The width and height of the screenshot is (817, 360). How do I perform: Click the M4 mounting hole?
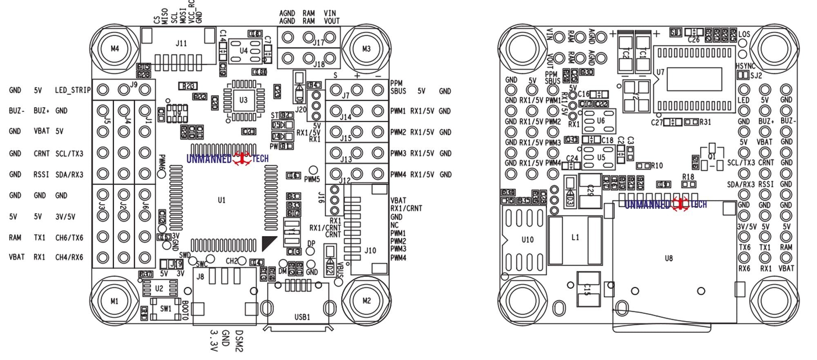coord(115,49)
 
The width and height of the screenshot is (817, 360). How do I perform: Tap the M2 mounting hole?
coord(366,301)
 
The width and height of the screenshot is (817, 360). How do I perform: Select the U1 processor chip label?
coord(221,200)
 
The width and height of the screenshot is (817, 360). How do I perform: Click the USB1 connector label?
coord(302,317)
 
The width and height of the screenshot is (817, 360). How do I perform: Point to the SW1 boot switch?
coord(165,309)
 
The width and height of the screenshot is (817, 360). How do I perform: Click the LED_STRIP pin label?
coord(72,90)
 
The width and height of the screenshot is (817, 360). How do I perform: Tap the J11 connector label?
coord(181,43)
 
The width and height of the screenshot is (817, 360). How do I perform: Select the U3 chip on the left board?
coord(243,100)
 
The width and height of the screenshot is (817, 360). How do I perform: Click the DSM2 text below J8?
coord(239,341)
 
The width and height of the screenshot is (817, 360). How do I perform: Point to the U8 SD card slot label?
coord(668,258)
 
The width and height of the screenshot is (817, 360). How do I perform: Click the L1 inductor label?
coord(575,237)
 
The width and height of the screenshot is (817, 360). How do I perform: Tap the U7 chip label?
coord(660,72)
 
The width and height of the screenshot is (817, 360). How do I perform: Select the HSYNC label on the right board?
coord(746,66)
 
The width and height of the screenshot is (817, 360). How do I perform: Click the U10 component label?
coord(527,240)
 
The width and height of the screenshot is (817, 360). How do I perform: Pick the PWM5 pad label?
coord(312,179)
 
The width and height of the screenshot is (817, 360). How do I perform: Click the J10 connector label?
coord(370,250)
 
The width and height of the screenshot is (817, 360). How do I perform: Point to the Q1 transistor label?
coord(712,157)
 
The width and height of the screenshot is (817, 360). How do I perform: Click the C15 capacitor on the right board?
coord(588,290)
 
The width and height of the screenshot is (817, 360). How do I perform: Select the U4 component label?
coord(243,51)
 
